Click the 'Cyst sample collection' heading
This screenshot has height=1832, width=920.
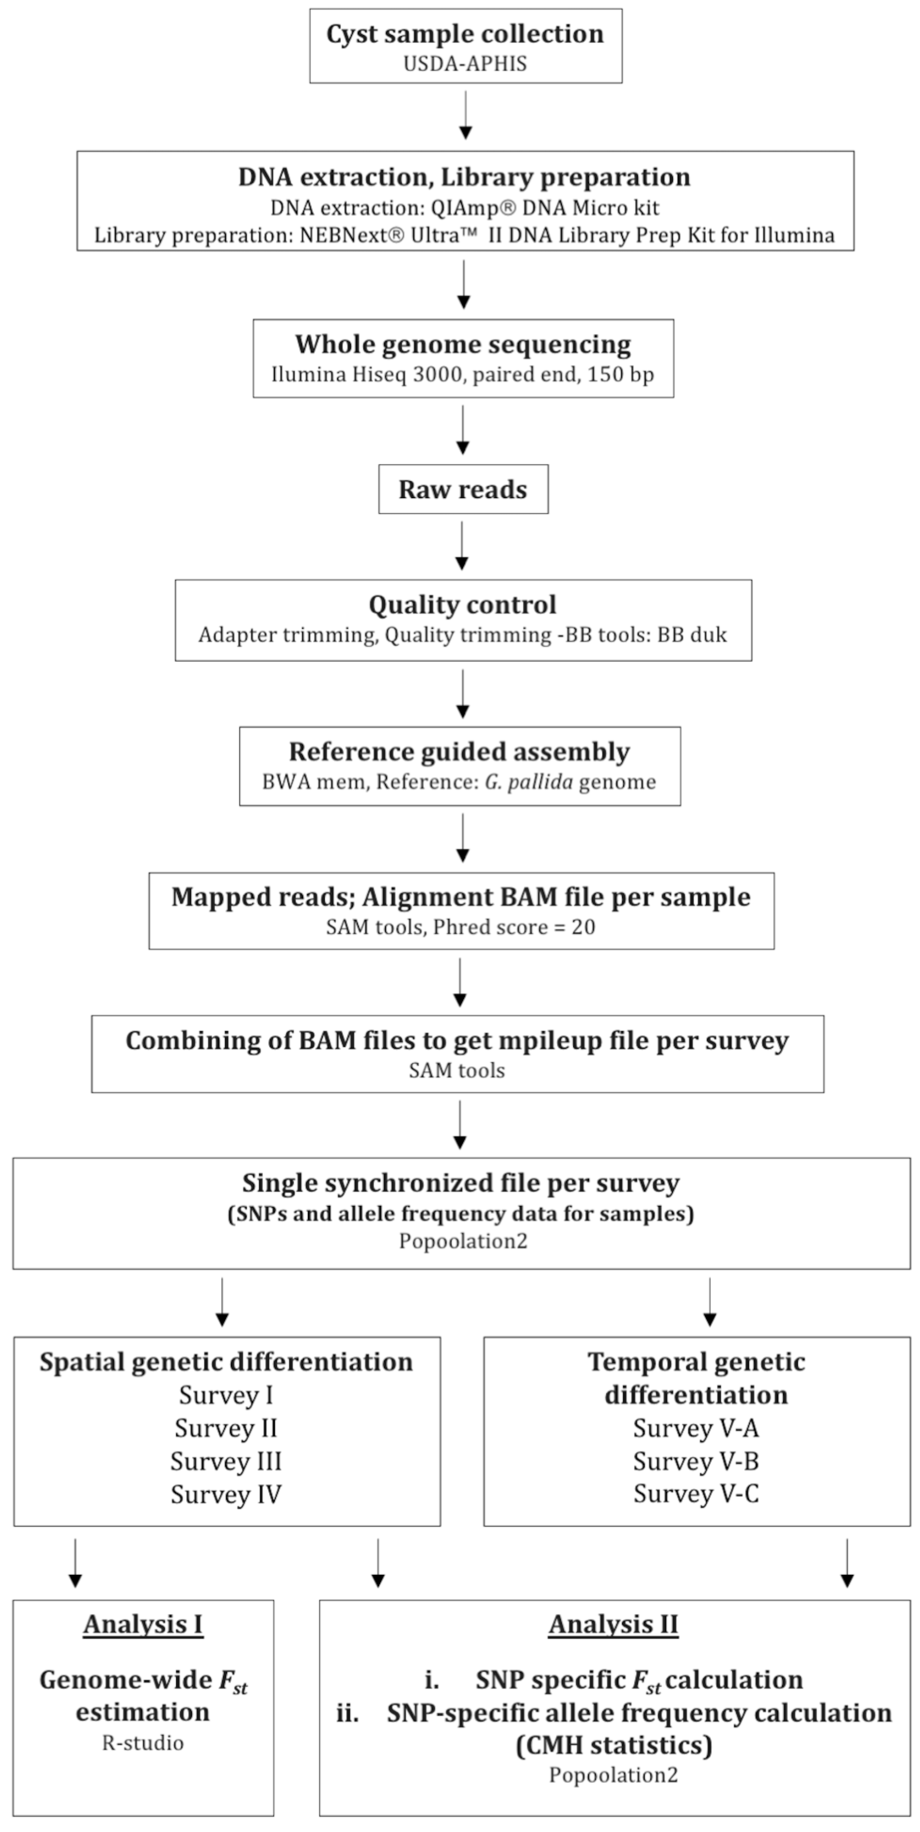[x=465, y=34]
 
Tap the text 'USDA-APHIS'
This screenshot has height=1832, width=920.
[x=465, y=64]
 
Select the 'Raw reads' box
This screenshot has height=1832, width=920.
[x=463, y=489]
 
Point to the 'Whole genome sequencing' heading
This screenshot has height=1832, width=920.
[x=463, y=344]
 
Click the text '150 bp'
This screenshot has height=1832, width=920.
[x=621, y=374]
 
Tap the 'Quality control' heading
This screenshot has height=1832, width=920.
[x=462, y=605]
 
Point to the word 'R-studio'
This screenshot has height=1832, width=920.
[x=143, y=1743]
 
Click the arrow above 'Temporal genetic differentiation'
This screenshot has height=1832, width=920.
[x=710, y=1302]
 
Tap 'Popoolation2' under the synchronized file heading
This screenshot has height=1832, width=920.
[x=463, y=1241]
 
